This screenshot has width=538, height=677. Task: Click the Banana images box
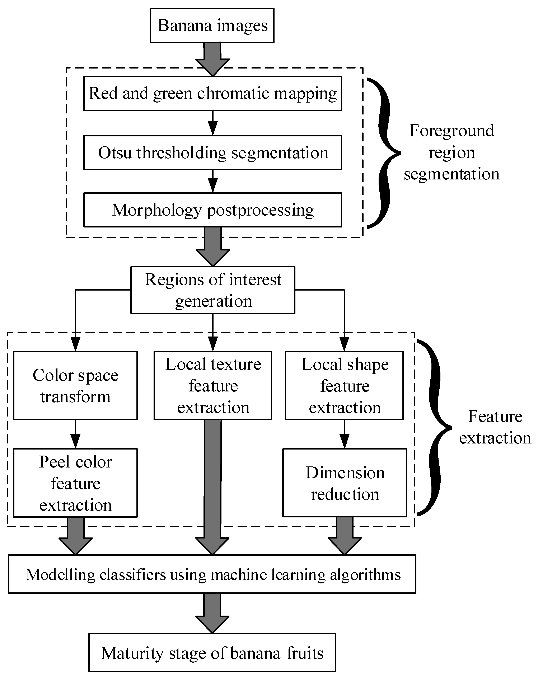click(x=212, y=25)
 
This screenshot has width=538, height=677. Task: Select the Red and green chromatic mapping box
click(x=213, y=93)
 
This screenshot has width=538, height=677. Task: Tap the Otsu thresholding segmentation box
click(x=213, y=153)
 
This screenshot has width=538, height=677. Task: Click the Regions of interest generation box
click(x=213, y=290)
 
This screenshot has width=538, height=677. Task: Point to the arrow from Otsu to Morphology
click(x=213, y=181)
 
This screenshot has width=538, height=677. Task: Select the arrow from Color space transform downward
click(x=75, y=434)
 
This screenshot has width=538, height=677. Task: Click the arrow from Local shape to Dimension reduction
click(x=345, y=434)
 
